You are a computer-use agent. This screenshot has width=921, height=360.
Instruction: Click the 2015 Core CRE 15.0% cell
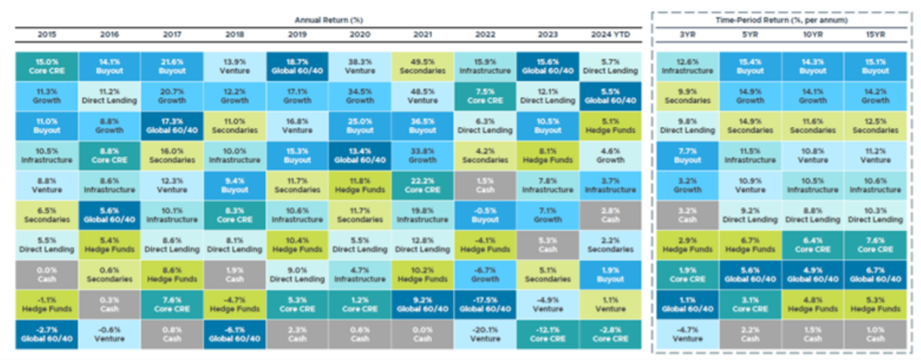[x=46, y=65]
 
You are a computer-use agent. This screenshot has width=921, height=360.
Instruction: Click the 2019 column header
[x=298, y=34]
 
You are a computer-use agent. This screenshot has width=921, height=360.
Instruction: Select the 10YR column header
[x=812, y=34]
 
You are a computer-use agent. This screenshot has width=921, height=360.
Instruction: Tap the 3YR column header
[x=687, y=34]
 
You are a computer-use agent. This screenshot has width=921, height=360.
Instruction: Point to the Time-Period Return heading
[x=782, y=20]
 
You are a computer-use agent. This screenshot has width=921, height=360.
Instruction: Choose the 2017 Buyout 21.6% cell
[x=172, y=65]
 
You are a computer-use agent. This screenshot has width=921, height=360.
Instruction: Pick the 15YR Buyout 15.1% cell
[x=876, y=65]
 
